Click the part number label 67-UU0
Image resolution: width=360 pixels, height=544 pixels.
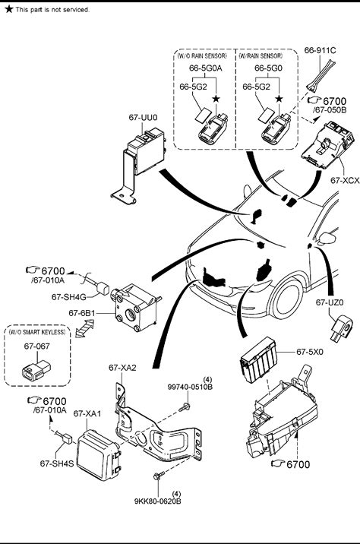click(x=143, y=118)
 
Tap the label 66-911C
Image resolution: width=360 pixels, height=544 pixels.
click(x=320, y=50)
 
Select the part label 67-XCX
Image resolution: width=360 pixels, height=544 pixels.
click(x=345, y=180)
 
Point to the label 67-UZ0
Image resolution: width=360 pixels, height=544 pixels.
click(x=330, y=302)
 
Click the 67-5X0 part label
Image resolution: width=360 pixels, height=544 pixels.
click(x=310, y=352)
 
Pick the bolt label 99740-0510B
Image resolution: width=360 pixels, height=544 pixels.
click(x=190, y=387)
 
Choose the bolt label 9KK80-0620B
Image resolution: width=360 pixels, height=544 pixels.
click(x=158, y=501)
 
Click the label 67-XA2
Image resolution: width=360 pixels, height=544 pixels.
click(x=122, y=368)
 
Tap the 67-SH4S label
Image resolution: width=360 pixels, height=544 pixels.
click(x=57, y=463)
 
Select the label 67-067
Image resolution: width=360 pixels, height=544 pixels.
click(x=36, y=346)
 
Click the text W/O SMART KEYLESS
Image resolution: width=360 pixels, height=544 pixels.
click(x=37, y=332)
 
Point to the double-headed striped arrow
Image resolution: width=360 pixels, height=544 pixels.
click(x=84, y=328)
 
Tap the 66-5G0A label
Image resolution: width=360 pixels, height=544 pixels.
click(x=205, y=68)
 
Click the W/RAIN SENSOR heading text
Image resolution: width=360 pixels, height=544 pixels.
click(x=261, y=56)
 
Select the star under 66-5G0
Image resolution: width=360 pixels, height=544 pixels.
click(x=279, y=99)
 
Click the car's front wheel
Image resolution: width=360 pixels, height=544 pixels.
click(x=287, y=299)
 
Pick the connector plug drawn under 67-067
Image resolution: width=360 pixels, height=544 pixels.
click(x=36, y=370)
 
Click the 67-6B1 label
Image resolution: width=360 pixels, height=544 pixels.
click(x=82, y=313)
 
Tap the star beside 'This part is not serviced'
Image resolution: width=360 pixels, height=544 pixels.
click(x=8, y=9)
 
